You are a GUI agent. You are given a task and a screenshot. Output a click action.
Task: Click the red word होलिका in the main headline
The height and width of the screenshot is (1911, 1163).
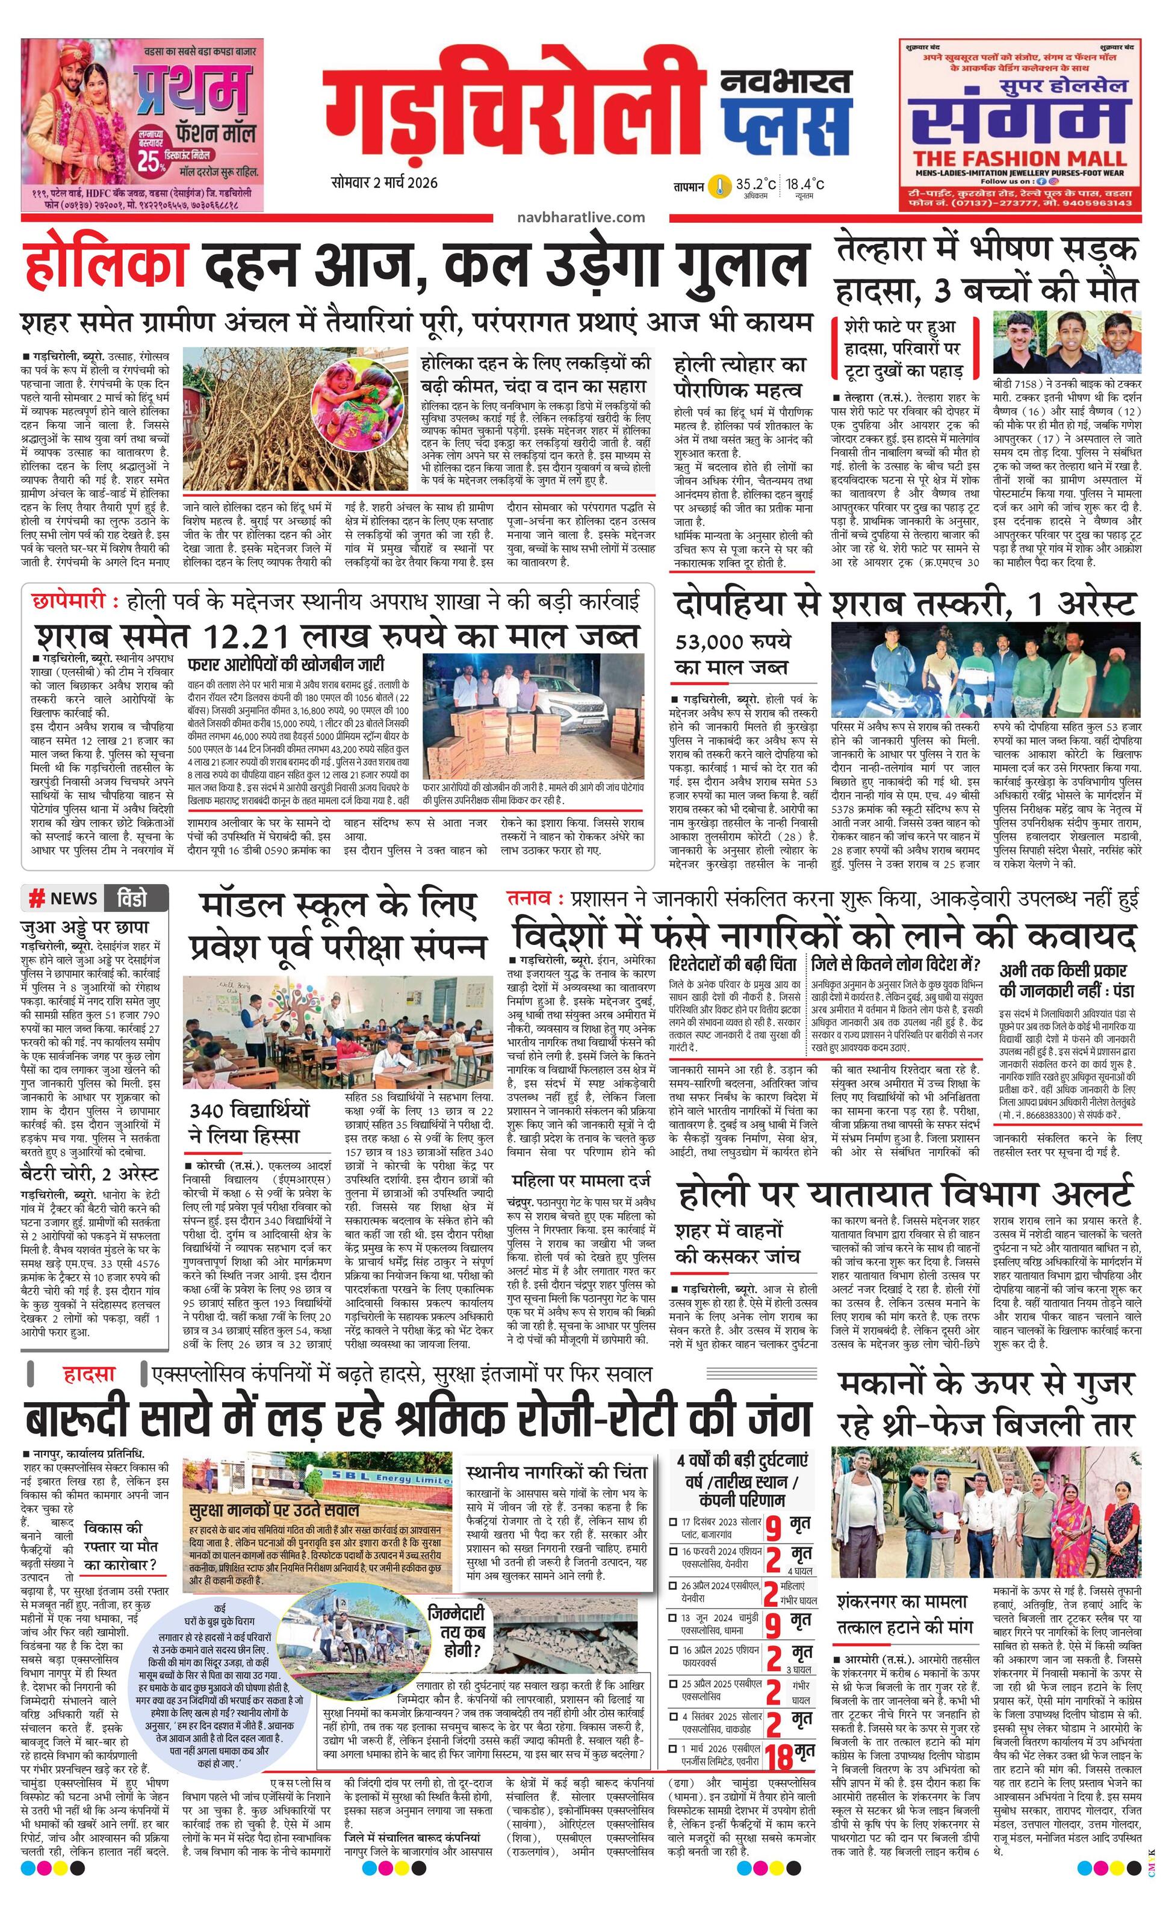click(x=105, y=264)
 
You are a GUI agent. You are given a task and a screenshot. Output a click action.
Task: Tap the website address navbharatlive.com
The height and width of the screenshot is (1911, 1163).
click(x=581, y=218)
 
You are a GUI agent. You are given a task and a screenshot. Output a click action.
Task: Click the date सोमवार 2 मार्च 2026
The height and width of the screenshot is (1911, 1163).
click(x=384, y=183)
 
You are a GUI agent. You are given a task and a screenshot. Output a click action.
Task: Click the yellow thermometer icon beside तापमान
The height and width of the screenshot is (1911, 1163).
click(x=721, y=186)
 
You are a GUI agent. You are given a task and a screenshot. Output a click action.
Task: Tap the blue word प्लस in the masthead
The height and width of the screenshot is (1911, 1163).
click(x=784, y=124)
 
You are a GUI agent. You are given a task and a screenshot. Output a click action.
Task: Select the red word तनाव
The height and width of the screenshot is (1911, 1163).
click(x=530, y=898)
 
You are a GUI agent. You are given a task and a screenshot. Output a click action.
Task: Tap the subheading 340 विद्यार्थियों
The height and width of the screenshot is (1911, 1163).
click(x=250, y=1111)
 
